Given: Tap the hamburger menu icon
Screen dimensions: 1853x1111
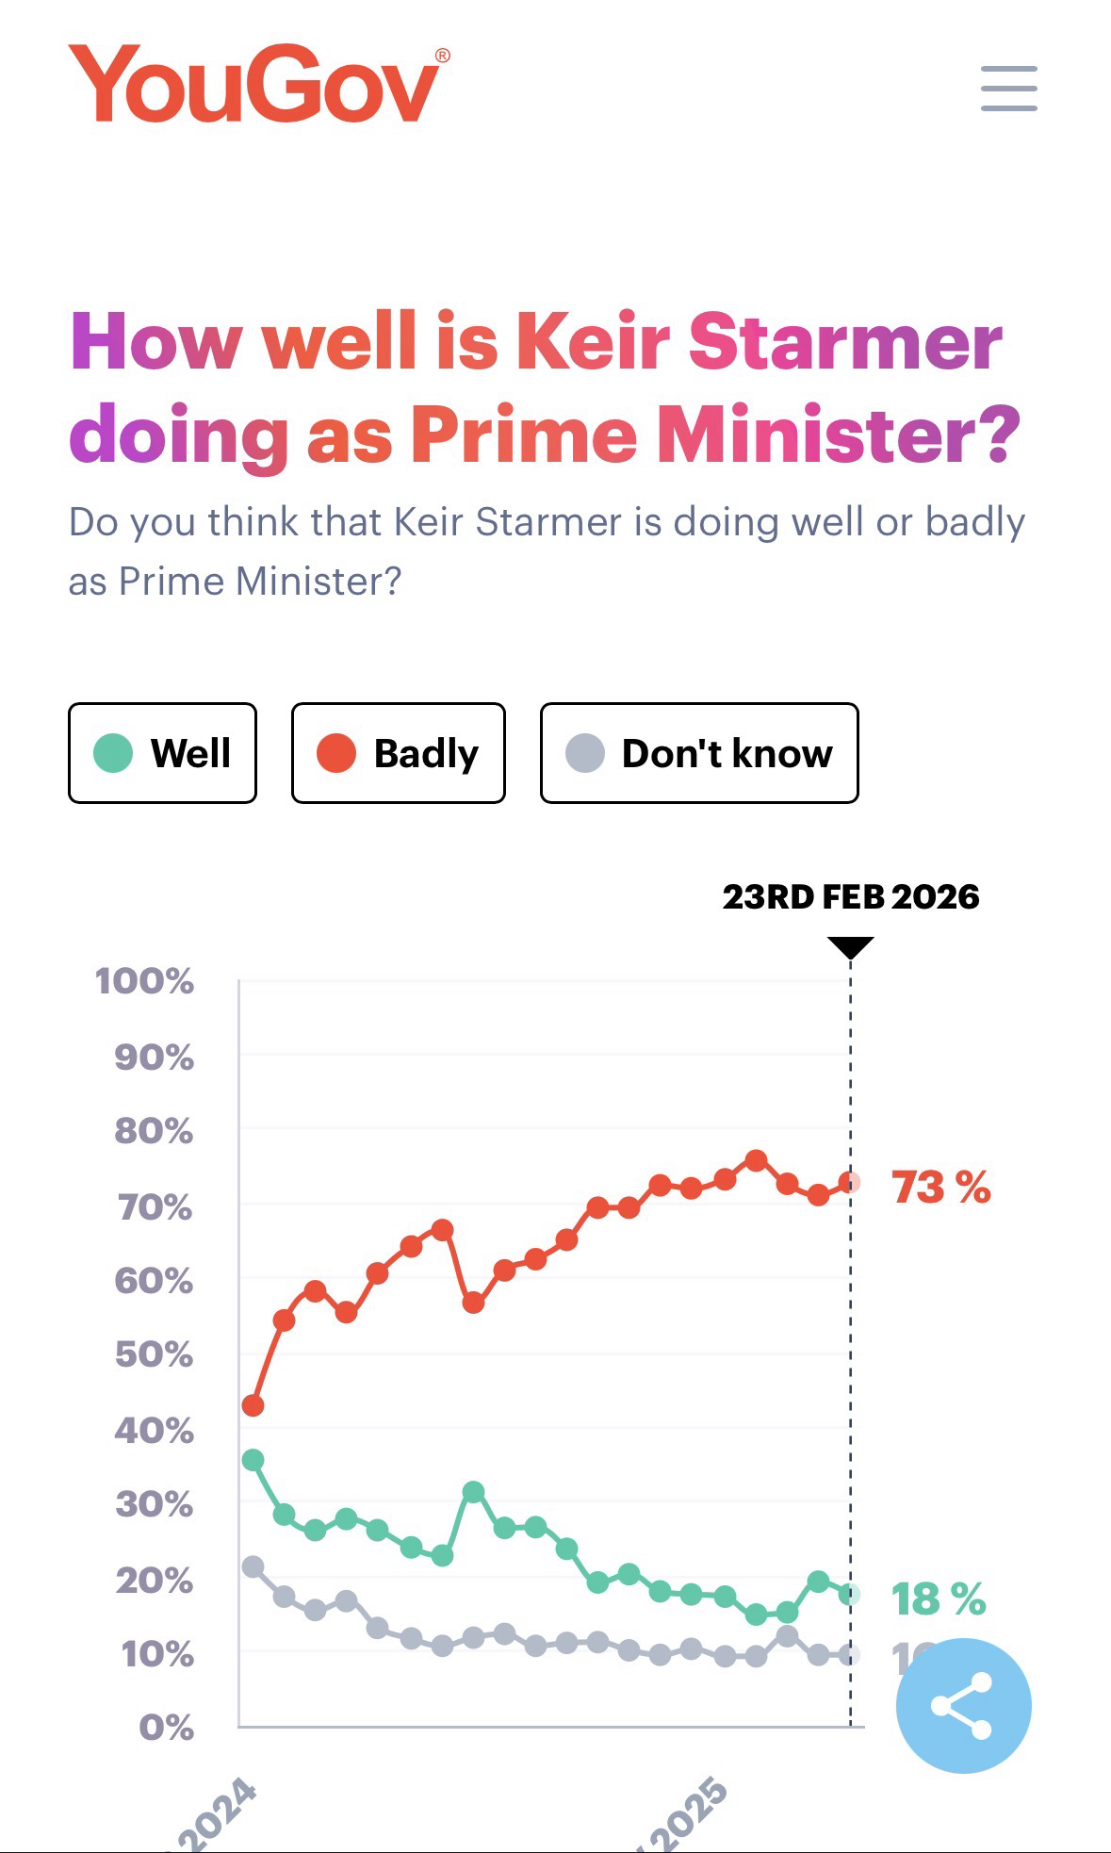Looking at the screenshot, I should (x=1008, y=89).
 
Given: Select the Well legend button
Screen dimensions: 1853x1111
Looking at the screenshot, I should (x=162, y=753).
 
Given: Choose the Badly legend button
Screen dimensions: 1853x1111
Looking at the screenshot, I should (x=398, y=753).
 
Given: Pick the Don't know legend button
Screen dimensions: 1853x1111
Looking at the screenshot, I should (x=698, y=753).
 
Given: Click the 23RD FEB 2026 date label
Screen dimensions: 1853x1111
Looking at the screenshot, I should (x=850, y=896).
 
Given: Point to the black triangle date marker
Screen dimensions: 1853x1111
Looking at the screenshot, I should (x=850, y=946).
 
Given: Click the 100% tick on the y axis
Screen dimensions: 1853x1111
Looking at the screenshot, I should (x=144, y=981).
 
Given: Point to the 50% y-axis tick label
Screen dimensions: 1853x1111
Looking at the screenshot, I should (x=154, y=1354).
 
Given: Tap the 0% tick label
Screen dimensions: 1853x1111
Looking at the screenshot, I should (x=166, y=1728).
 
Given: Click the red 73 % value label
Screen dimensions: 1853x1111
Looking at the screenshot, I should (x=940, y=1187).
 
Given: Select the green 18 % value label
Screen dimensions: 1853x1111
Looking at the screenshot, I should (x=939, y=1599).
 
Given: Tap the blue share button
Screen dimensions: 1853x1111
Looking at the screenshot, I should (x=963, y=1705).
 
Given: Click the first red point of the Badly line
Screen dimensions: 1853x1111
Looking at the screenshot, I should (x=253, y=1405).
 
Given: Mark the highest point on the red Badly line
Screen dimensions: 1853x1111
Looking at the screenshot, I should (x=756, y=1160).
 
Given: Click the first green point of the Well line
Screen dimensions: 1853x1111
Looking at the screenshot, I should (x=253, y=1460).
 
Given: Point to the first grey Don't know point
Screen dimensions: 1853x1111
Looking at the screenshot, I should (x=253, y=1566).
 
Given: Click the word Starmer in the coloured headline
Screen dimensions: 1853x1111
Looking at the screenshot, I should (x=845, y=341).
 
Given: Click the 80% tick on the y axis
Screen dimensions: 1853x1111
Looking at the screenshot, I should (x=154, y=1131).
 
